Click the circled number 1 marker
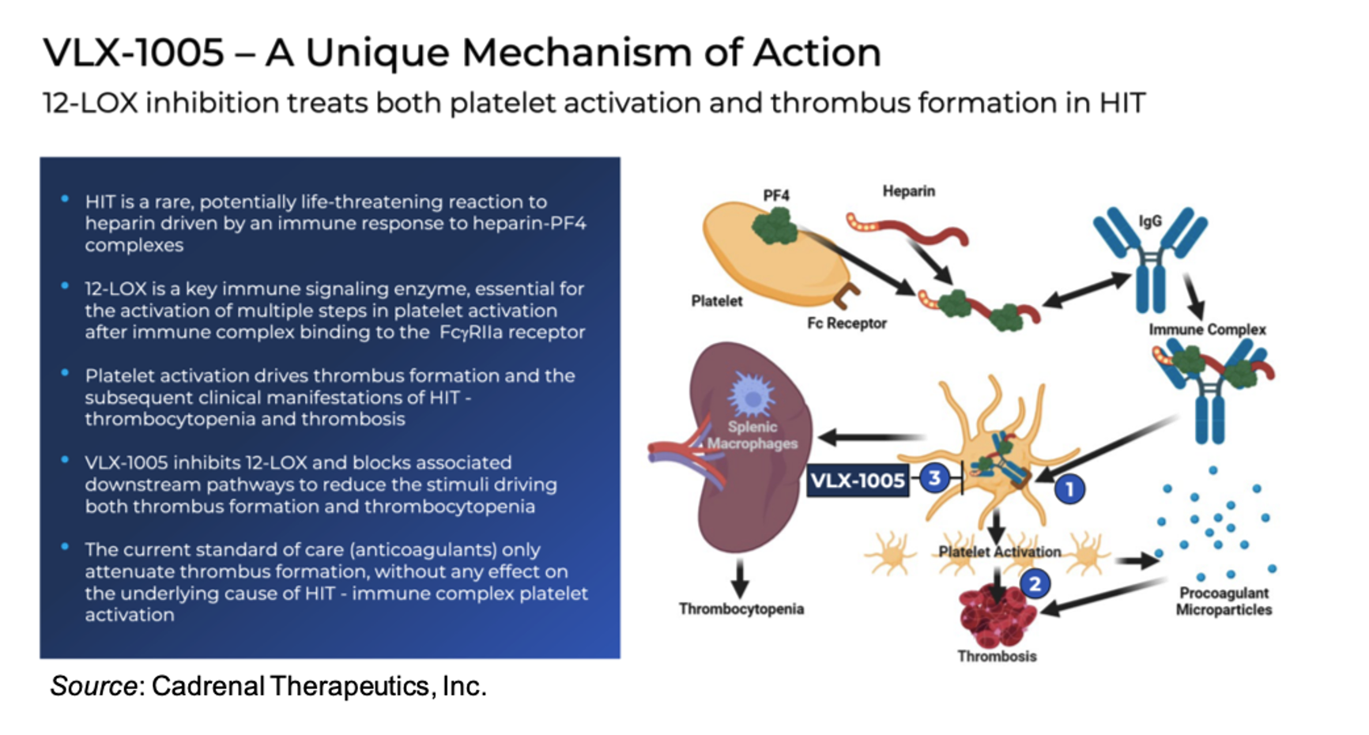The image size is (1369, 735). [x=1069, y=490]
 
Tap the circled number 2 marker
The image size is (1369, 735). [x=1035, y=584]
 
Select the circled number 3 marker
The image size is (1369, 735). [x=934, y=478]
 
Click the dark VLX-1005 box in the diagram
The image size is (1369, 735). [x=858, y=481]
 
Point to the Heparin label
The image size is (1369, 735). [x=908, y=191]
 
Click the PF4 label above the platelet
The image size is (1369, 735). [x=776, y=195]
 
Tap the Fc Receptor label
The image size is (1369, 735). [x=847, y=323]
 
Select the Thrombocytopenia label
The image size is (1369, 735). [x=741, y=609]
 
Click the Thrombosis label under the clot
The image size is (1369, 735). [x=997, y=656]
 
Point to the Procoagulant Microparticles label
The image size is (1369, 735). [x=1224, y=601]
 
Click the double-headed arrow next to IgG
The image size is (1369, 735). [x=1086, y=289]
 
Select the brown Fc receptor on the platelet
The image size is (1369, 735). [x=847, y=296]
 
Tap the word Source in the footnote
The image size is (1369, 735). [x=93, y=686]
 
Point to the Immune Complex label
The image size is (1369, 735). [x=1207, y=330]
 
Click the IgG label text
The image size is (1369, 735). [x=1150, y=221]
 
